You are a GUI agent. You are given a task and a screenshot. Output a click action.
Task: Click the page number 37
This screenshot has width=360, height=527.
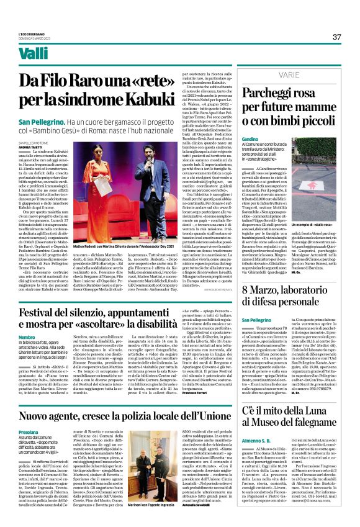(x=336, y=37)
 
